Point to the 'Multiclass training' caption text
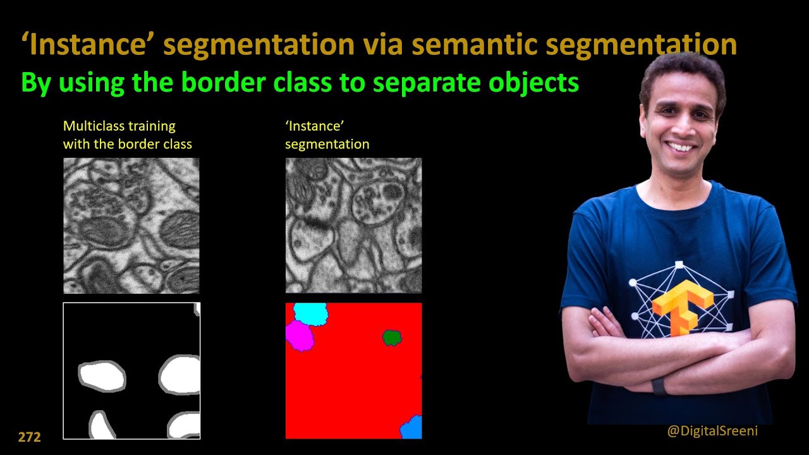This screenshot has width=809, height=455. (x=119, y=126)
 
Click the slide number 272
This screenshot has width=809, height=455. (x=29, y=437)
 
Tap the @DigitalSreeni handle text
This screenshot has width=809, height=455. (x=712, y=431)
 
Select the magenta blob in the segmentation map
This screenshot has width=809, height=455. (x=300, y=336)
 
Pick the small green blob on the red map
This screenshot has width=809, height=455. (x=392, y=337)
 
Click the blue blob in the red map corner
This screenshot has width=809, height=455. (x=411, y=428)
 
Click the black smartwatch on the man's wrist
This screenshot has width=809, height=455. (x=660, y=385)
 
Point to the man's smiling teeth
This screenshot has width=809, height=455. (x=680, y=147)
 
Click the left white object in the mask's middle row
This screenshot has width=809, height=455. (x=102, y=376)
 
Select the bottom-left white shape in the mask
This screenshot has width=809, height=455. (x=102, y=426)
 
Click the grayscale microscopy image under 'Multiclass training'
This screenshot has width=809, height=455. (x=131, y=226)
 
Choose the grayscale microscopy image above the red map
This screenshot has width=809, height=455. (x=353, y=226)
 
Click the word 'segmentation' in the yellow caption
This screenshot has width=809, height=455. (x=327, y=144)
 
